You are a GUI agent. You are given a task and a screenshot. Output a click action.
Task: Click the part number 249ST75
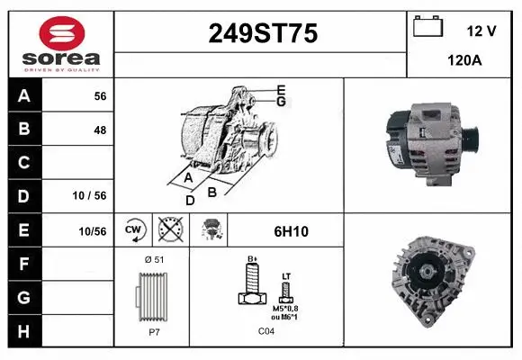262,33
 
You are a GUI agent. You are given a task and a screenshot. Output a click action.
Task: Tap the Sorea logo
61,42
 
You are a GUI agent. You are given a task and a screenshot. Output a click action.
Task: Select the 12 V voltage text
481,31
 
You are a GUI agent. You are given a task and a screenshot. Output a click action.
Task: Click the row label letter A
24,96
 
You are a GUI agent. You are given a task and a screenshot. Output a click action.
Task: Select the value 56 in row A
100,96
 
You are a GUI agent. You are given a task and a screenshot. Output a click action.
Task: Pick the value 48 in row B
100,130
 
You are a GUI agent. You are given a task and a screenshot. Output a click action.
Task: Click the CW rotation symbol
134,230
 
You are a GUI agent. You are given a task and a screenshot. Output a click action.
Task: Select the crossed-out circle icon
168,230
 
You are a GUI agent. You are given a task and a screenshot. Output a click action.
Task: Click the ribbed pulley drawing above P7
151,294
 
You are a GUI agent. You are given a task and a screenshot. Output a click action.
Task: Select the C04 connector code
265,330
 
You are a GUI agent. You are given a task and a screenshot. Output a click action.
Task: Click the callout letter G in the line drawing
281,102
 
